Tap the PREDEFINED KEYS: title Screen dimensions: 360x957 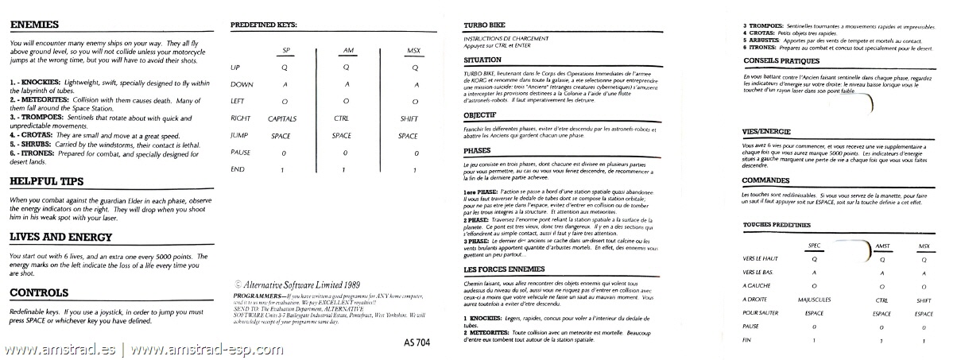[x=263, y=25]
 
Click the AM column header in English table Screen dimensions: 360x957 [x=347, y=52]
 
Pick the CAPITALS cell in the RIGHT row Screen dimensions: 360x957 [x=284, y=118]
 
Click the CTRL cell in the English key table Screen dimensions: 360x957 [x=342, y=118]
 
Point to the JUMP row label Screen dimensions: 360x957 [x=239, y=136]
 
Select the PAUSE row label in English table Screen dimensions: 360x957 [x=241, y=153]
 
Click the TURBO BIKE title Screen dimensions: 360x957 [x=482, y=25]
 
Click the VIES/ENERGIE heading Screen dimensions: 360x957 [x=761, y=131]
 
